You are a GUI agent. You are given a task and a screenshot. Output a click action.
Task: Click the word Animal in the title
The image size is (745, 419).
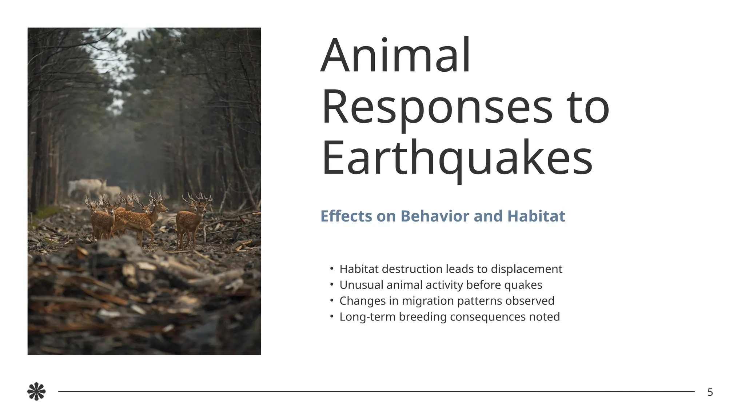pos(396,55)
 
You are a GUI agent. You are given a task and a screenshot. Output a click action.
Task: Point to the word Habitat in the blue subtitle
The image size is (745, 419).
pos(536,216)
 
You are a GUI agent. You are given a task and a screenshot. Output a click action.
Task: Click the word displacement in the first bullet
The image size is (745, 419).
pos(526,270)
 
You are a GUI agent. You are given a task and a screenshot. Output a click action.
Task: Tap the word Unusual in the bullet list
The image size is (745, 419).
pos(361,285)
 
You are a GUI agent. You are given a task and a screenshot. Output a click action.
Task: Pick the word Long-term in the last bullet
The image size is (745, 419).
pos(367,317)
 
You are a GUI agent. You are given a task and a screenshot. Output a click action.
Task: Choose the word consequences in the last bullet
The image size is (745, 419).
pos(487,317)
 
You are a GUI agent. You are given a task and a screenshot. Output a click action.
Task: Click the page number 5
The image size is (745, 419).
pos(710,392)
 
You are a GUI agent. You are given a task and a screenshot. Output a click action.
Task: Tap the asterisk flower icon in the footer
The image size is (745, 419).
pos(36,392)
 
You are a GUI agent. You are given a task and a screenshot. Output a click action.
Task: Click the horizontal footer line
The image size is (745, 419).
pos(377,391)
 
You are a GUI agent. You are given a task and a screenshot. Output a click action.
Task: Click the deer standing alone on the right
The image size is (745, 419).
pos(193,220)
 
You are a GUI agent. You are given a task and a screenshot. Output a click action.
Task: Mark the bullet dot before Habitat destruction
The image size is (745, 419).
pos(331,269)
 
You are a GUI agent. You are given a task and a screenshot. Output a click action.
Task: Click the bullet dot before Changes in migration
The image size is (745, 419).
pos(331,300)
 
